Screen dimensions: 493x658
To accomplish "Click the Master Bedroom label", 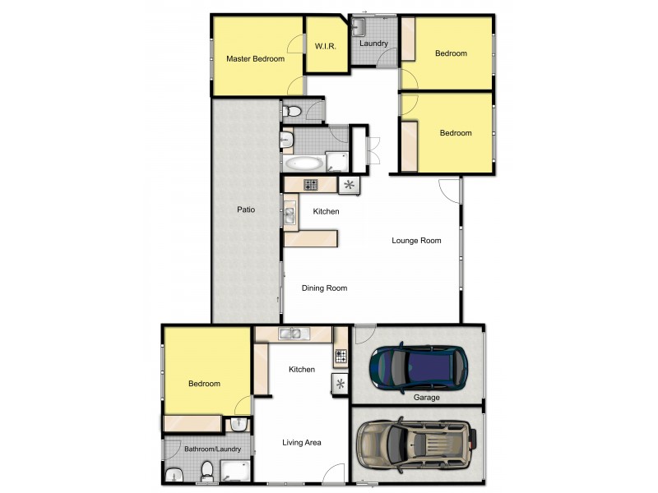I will [x=256, y=59].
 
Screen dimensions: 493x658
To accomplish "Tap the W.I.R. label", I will [x=322, y=47].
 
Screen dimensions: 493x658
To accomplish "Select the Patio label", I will [x=245, y=210].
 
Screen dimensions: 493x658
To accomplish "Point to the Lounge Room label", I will [x=416, y=241].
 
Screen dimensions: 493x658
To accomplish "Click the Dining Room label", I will [x=324, y=288].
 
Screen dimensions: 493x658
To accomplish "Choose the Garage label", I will [x=427, y=398].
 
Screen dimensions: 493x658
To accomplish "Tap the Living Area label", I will [x=302, y=443].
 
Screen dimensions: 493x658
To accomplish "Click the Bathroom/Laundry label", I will [x=212, y=449].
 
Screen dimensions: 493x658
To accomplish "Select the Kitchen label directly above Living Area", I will [x=302, y=370].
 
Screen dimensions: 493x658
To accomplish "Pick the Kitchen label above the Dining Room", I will [x=326, y=212].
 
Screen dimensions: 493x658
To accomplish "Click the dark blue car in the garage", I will [x=418, y=366].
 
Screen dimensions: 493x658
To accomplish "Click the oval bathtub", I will [x=304, y=162].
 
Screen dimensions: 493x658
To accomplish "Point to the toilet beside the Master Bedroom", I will [x=291, y=111].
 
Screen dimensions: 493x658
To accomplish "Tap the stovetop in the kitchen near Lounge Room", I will [x=312, y=185].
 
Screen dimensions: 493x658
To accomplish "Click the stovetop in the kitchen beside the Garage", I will [x=341, y=357].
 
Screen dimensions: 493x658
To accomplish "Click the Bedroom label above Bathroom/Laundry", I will [x=204, y=384].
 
